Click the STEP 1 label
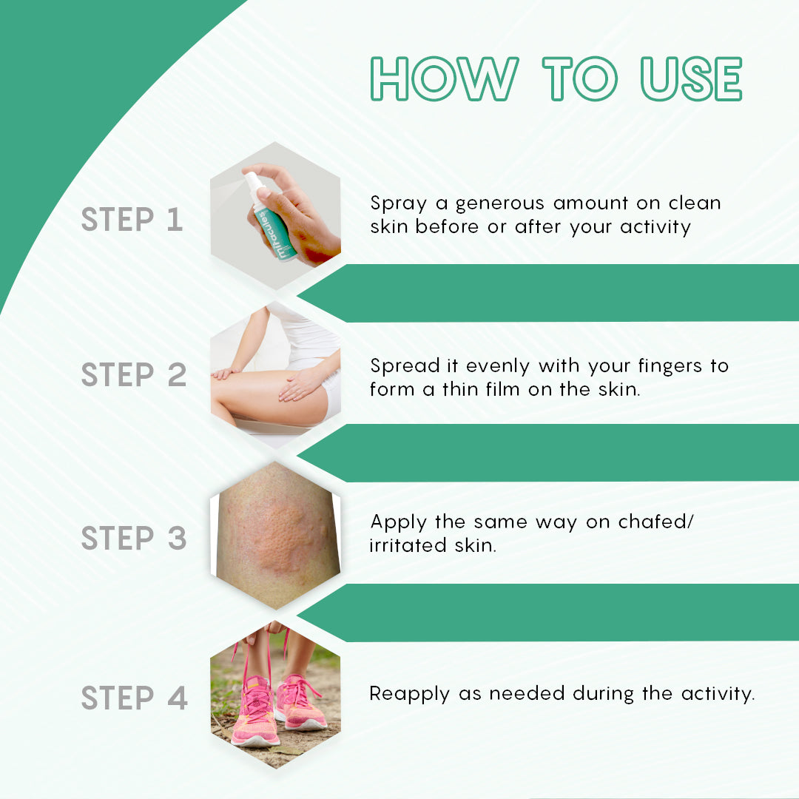coord(132,220)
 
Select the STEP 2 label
coord(133,375)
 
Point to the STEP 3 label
coord(133,538)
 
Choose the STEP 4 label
coord(134,698)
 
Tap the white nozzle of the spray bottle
coord(253,181)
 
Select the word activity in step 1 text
coord(655,226)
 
